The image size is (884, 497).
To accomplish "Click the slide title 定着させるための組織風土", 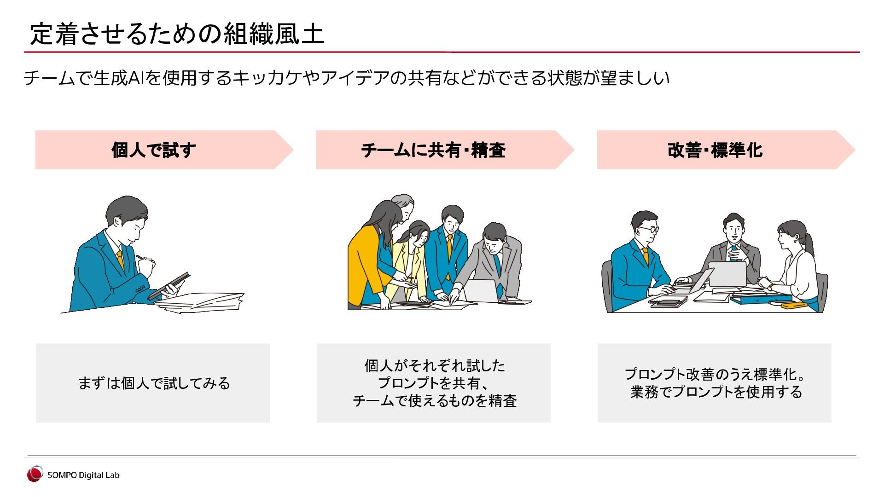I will coord(177,34).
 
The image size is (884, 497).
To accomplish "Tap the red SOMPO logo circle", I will coord(35,474).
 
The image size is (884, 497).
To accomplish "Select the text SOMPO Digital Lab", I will coord(83,475).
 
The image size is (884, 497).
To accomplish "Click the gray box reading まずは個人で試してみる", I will coord(153,383).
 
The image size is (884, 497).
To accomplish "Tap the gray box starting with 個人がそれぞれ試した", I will coord(433,383).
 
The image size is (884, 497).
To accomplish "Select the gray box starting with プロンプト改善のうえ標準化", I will coord(714,383).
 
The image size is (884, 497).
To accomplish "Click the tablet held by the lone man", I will coord(169,286).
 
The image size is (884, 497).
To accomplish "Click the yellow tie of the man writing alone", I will coord(120,259).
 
